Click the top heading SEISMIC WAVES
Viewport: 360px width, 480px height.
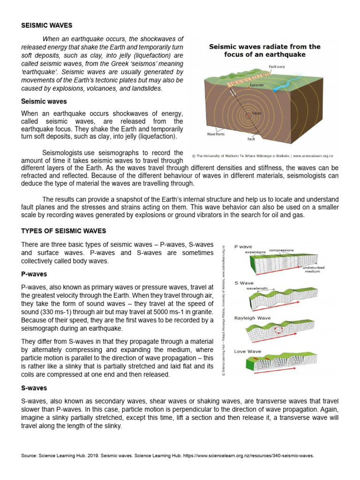[x=47, y=25]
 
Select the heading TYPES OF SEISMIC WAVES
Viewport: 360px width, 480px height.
[x=64, y=231]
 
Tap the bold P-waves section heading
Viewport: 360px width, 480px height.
[x=34, y=274]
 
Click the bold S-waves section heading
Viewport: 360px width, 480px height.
[x=34, y=388]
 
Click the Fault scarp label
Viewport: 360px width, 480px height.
[x=277, y=67]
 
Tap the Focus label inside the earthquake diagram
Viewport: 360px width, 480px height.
[x=256, y=113]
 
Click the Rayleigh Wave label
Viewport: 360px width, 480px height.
[x=252, y=318]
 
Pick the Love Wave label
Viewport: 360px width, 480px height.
[x=248, y=351]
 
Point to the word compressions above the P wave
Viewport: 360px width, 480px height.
[x=281, y=250]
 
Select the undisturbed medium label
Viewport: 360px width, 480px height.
[x=313, y=269]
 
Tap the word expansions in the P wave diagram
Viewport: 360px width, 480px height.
[x=255, y=252]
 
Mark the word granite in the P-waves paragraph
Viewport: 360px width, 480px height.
[x=202, y=312]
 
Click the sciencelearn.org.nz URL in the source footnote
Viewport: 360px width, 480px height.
[x=248, y=455]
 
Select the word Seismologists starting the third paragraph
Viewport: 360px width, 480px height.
[x=64, y=153]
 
